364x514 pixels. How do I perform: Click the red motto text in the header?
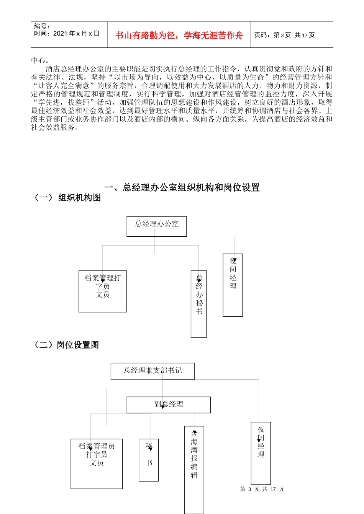179,36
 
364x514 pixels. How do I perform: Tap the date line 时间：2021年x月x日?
67,34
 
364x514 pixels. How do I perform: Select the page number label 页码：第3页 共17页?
284,35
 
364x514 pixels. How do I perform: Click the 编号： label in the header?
42,26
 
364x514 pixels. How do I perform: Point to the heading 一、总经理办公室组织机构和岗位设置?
182,187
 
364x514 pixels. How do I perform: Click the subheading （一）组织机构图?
68,197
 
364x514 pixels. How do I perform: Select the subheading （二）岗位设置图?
67,345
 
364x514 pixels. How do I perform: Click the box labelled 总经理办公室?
157,226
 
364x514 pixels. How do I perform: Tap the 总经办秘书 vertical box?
199,304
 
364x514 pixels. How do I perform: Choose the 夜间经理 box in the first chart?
233,285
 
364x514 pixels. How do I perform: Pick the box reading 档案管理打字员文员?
103,291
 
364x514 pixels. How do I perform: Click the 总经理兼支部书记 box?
152,371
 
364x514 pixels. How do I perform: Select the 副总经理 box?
169,405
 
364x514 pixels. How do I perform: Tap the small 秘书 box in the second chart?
149,460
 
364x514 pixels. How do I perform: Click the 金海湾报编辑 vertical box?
194,470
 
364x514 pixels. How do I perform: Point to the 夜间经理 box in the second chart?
261,453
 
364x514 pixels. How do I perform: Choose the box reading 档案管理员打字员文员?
97,464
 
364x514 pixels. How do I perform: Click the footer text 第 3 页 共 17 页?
262,489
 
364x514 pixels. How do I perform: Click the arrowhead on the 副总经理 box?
163,407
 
